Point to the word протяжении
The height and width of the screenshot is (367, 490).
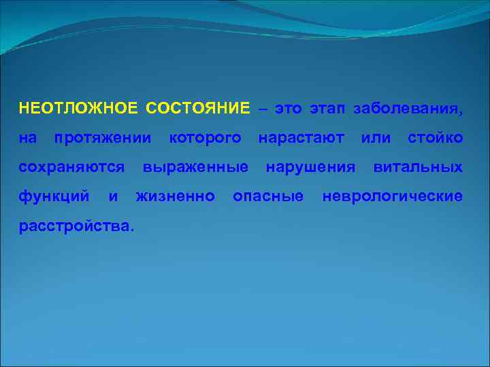point(103,139)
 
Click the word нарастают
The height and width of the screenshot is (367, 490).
point(301,139)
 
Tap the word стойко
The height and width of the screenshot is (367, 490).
point(435,139)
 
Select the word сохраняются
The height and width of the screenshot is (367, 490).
point(71,167)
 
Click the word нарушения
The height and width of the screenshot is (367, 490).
point(310,167)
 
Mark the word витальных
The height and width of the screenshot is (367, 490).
point(418,167)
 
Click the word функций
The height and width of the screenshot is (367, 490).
point(54,196)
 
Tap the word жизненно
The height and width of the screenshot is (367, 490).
point(176,196)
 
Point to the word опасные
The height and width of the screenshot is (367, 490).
point(268,196)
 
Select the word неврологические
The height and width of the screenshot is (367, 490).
point(393,196)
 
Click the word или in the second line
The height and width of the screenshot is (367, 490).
point(376,139)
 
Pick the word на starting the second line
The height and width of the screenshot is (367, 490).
point(28,139)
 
